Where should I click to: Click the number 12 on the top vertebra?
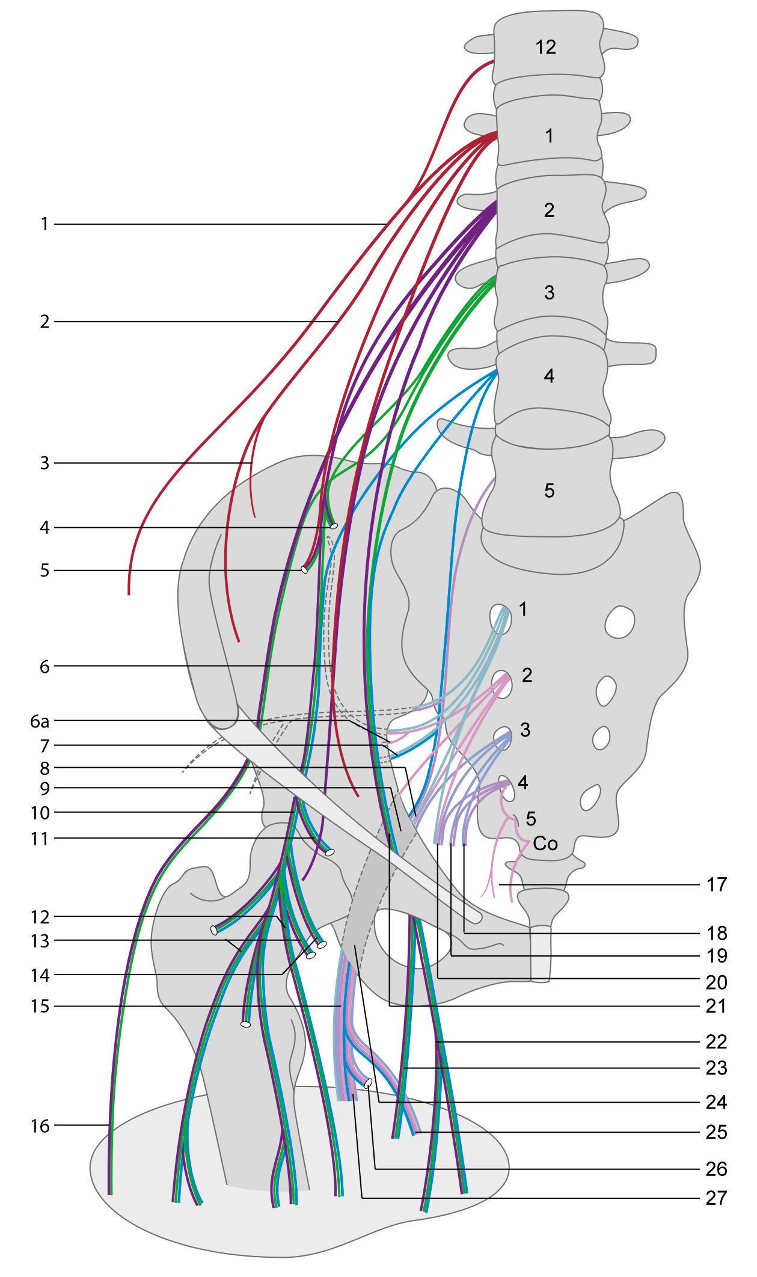click(545, 47)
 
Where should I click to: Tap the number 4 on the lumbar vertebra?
click(549, 376)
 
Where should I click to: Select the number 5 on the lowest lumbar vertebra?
click(549, 491)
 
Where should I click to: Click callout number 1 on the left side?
click(44, 224)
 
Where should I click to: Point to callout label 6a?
click(40, 721)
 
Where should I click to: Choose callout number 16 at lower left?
click(40, 1126)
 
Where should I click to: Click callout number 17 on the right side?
click(717, 884)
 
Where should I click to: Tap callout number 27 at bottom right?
click(716, 1198)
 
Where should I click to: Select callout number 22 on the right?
click(717, 1041)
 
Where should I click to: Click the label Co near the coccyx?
click(545, 844)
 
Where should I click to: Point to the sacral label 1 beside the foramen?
click(523, 609)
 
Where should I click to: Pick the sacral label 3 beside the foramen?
click(525, 730)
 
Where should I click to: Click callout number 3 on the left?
click(44, 463)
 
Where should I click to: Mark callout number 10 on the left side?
click(40, 813)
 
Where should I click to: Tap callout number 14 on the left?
click(40, 975)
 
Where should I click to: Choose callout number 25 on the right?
click(717, 1132)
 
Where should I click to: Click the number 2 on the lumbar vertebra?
click(549, 210)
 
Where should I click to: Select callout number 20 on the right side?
click(717, 982)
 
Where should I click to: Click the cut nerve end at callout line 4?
click(334, 526)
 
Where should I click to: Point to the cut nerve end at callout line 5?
click(304, 569)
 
